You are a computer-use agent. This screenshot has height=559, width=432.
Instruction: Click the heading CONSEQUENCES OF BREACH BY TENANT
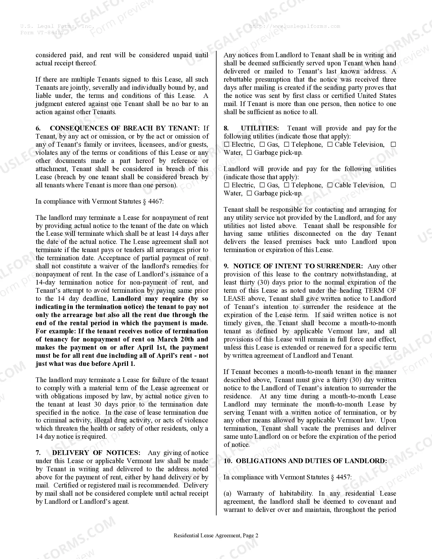[x=124, y=128]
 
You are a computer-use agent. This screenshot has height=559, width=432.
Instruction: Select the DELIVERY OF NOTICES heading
[x=96, y=453]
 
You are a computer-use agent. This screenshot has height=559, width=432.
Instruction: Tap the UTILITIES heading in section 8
[x=260, y=128]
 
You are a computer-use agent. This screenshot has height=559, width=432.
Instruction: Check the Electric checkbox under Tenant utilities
[x=227, y=145]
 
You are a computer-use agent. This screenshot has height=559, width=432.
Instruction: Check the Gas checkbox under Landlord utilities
[x=262, y=185]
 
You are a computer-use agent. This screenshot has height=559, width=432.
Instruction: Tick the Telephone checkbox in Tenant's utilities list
[x=287, y=145]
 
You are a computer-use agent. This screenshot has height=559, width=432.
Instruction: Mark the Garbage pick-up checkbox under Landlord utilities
[x=249, y=193]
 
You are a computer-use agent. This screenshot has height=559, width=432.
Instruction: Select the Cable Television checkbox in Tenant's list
[x=330, y=145]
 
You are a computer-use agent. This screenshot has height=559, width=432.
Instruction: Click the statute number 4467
[x=155, y=202]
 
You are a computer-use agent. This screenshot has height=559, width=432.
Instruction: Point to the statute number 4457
[x=343, y=477]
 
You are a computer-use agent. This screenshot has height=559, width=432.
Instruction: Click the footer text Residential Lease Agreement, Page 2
[x=216, y=536]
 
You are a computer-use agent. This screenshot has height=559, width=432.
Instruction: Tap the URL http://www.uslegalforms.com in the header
[x=294, y=26]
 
